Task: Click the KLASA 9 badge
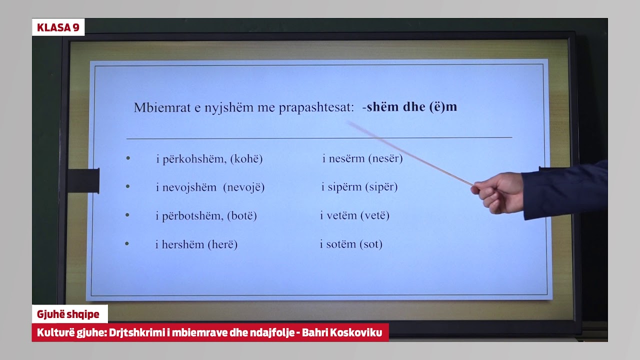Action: (58, 27)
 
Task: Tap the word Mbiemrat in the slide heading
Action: (155, 107)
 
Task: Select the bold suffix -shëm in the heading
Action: (382, 107)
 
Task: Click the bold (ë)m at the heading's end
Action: (443, 107)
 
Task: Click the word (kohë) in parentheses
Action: (246, 159)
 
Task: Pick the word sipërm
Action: (345, 187)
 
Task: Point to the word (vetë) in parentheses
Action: (374, 216)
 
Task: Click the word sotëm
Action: (341, 244)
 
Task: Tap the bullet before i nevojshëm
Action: (128, 186)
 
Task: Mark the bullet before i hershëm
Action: (127, 243)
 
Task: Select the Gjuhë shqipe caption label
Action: (68, 314)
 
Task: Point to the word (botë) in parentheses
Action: (242, 216)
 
